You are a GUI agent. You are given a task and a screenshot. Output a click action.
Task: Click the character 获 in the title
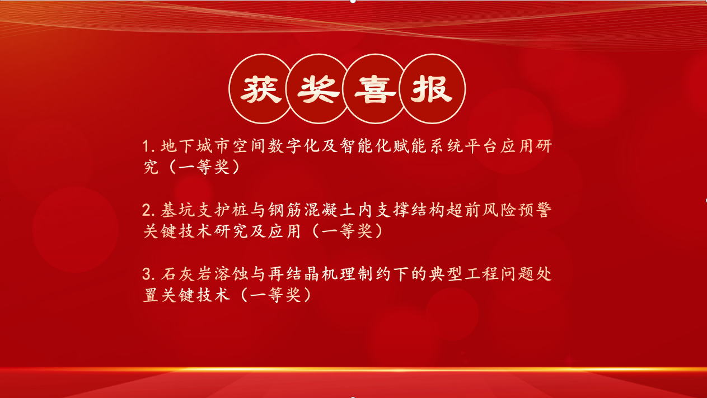coord(261,89)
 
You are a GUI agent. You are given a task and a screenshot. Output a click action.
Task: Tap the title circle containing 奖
coord(319,88)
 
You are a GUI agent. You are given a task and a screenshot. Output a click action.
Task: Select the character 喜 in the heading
coord(375,89)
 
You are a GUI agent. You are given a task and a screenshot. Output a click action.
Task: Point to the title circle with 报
coord(432,88)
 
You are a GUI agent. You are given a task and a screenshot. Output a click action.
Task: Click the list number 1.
coord(147,146)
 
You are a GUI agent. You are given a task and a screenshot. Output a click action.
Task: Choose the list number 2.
coord(147,210)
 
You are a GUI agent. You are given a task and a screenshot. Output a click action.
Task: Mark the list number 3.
coord(147,274)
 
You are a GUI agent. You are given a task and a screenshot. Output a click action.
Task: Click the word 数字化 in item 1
coord(294,146)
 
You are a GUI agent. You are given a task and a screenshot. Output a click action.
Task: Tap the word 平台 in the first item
coord(481,146)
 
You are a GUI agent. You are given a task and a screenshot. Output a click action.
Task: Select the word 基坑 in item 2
coord(178,210)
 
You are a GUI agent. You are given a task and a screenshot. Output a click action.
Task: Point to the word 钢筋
coord(285,210)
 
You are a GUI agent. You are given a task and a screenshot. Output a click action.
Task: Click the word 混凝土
coord(330,210)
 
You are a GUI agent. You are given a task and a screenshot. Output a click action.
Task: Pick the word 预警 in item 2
coord(535,210)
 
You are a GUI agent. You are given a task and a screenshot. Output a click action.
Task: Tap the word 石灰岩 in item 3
coord(187,274)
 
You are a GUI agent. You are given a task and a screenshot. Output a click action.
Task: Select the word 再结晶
coord(294,274)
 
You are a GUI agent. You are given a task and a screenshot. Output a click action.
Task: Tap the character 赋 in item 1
coord(401,146)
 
